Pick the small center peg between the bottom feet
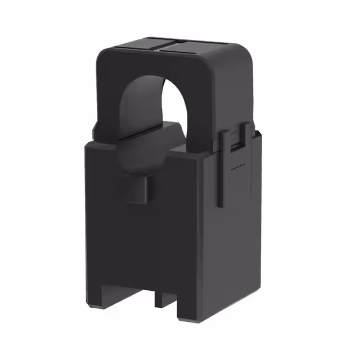pos(162,298)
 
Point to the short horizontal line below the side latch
pos(238,167)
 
